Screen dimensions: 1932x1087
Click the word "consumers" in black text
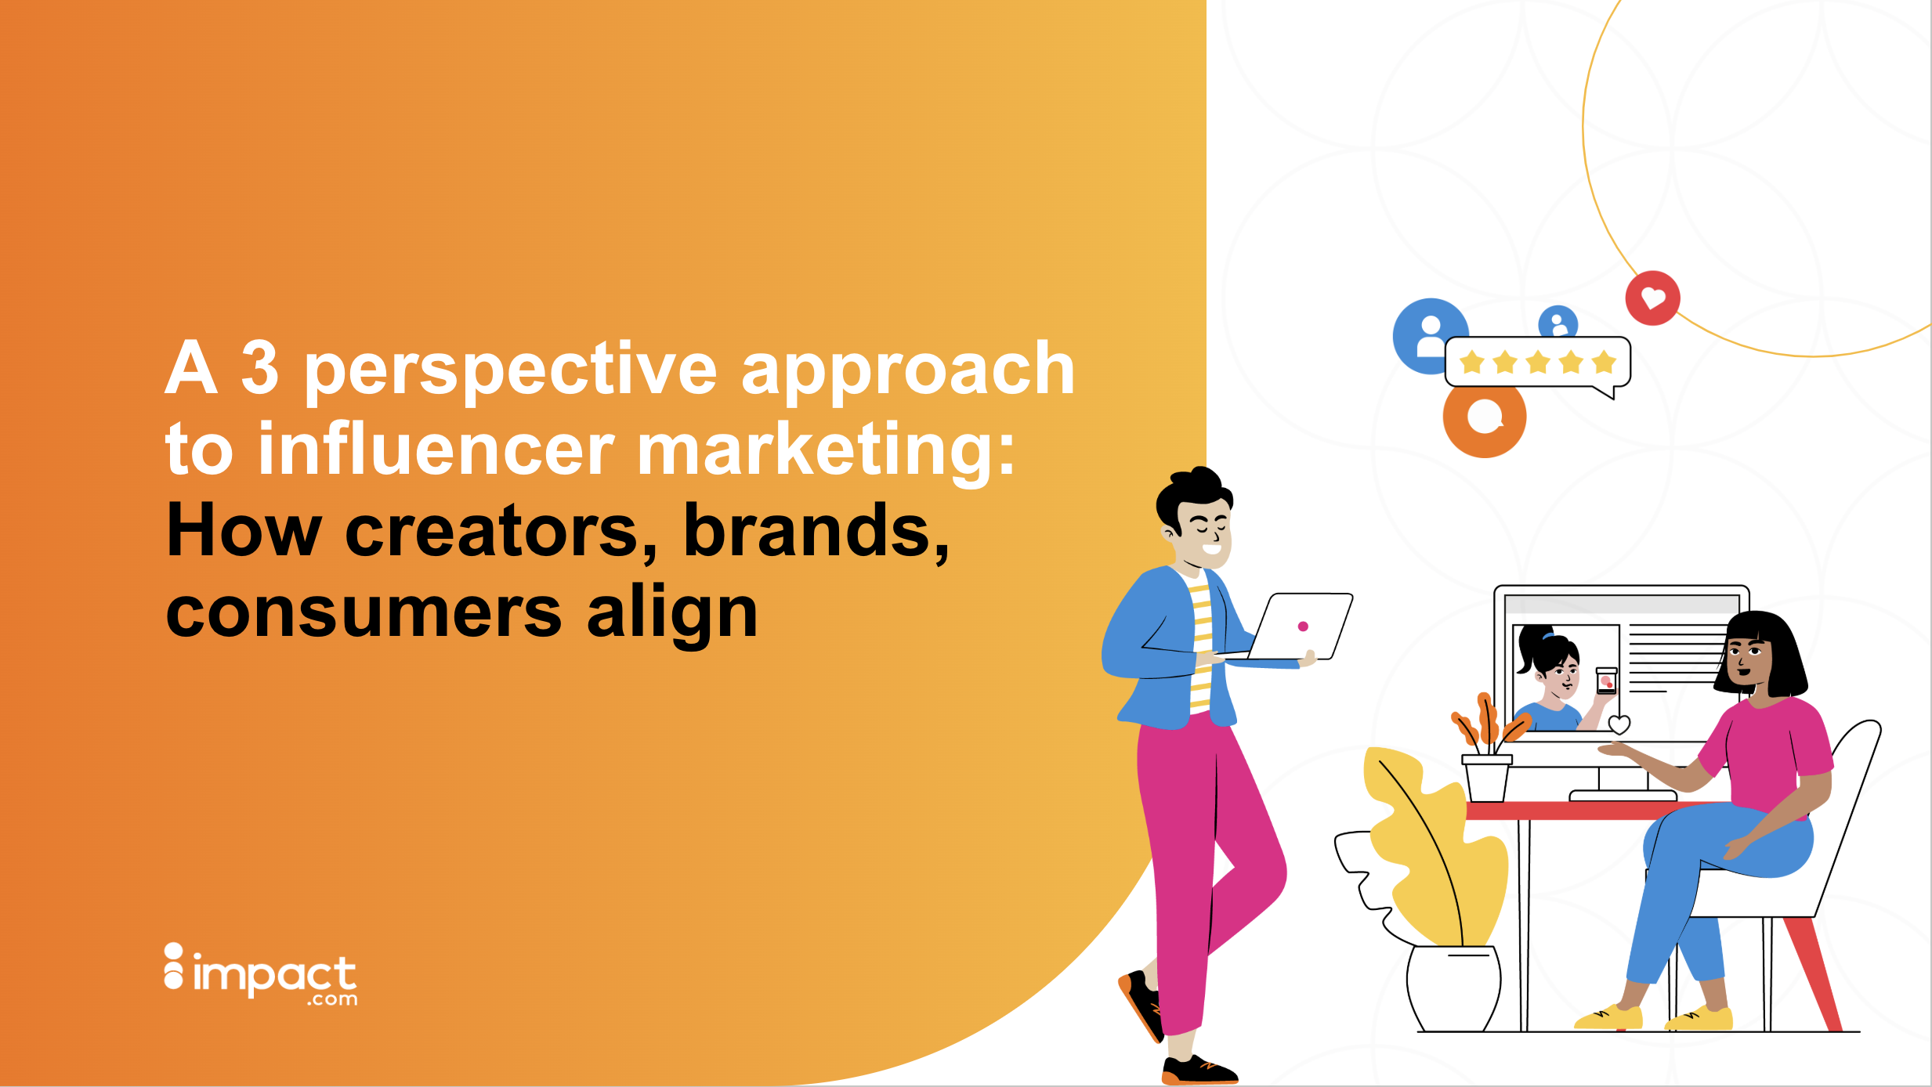click(x=364, y=614)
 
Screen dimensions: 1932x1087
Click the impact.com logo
click(x=261, y=975)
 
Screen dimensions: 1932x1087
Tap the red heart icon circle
click(x=1652, y=298)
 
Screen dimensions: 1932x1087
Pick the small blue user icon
click(x=1558, y=322)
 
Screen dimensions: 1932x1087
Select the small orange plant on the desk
click(x=1487, y=724)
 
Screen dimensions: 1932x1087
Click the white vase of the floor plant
click(x=1453, y=989)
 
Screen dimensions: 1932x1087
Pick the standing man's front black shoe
click(x=1199, y=1070)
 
